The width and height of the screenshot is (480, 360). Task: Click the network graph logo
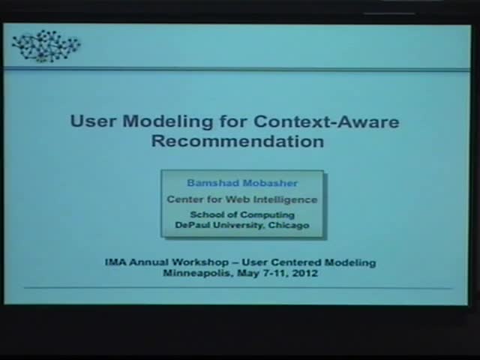click(x=46, y=46)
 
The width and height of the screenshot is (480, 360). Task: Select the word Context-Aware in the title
click(x=326, y=121)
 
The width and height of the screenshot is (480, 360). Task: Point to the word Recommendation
click(x=238, y=141)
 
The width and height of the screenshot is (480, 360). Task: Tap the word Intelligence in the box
click(x=282, y=199)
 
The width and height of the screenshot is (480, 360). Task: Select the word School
click(x=205, y=215)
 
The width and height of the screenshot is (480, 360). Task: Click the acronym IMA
click(x=115, y=262)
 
